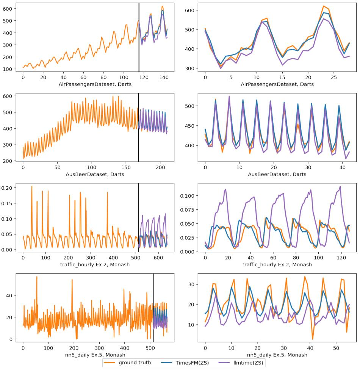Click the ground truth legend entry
point(135,363)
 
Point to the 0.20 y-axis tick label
point(8,188)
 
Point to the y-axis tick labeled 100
point(9,69)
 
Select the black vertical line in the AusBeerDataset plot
point(138,128)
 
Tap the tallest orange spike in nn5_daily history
point(36,277)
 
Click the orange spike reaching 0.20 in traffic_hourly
point(31,186)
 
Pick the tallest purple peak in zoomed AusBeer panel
point(229,96)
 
